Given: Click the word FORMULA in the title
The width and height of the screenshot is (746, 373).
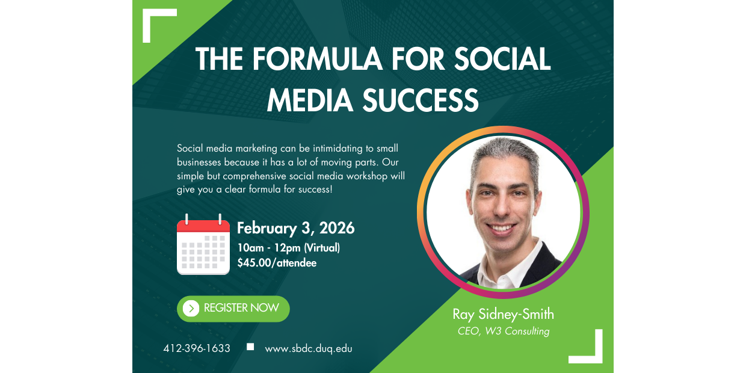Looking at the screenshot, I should (x=316, y=60).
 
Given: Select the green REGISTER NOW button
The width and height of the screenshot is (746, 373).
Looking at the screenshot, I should (x=233, y=309).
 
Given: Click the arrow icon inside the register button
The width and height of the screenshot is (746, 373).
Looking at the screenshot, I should (x=191, y=309).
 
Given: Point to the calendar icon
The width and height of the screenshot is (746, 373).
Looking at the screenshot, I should (x=203, y=245).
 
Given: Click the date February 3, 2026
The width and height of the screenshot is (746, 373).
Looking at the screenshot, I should (x=295, y=229).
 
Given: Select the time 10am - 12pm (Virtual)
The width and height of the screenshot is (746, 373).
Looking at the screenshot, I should (x=288, y=248).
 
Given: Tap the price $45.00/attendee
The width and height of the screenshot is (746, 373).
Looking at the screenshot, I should (x=277, y=263).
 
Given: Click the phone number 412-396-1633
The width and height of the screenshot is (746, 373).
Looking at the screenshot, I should (x=197, y=348).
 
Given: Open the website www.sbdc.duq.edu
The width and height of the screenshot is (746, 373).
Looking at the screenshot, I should (x=309, y=348).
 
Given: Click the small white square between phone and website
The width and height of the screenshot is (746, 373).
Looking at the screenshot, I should (x=251, y=347).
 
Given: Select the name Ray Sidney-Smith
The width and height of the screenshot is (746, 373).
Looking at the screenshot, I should (x=503, y=314).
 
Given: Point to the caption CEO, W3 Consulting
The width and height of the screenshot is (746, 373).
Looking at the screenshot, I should (x=503, y=331).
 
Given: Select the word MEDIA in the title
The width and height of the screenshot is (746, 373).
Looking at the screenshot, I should (x=310, y=100).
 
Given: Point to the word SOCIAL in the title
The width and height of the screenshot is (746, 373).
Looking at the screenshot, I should (x=502, y=60).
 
